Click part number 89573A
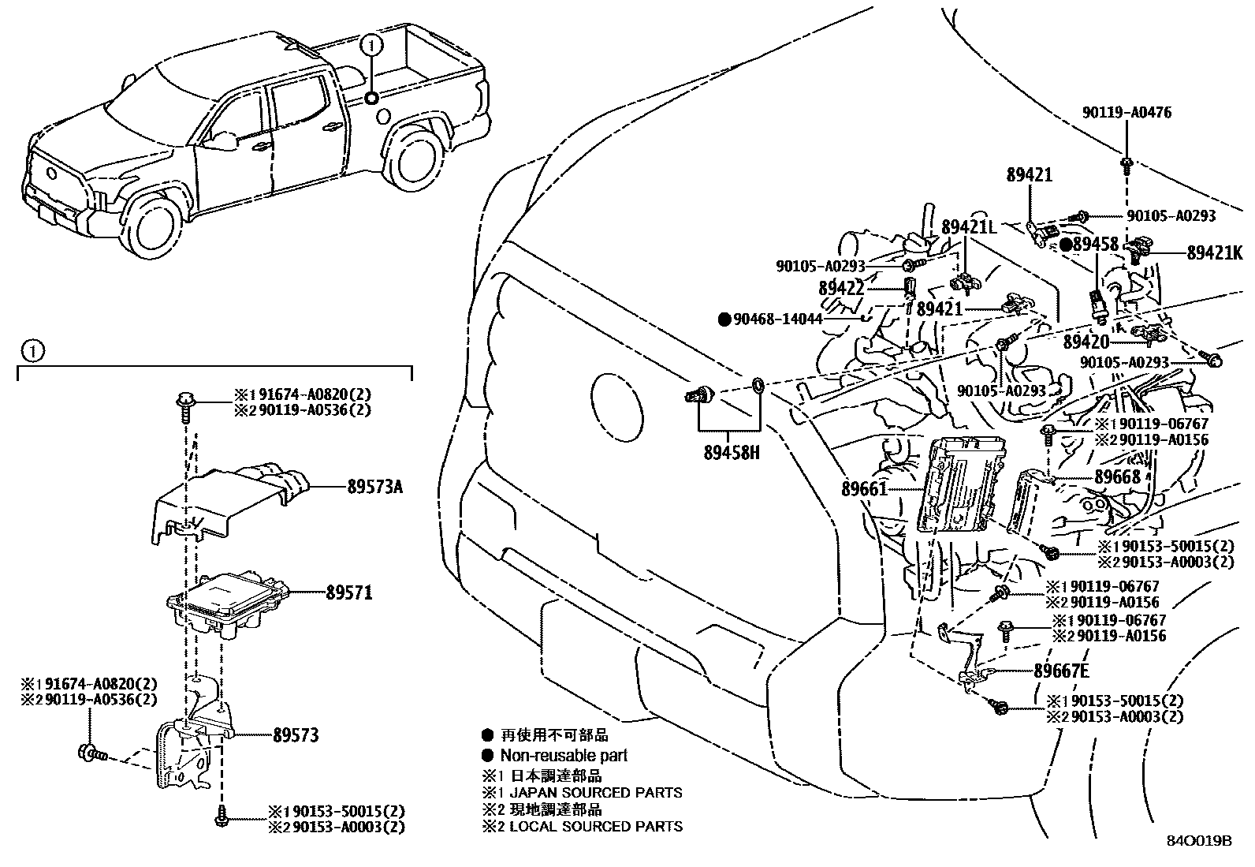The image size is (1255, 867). pyautogui.click(x=374, y=488)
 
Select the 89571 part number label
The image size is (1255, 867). pyautogui.click(x=348, y=592)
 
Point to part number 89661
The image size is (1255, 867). pyautogui.click(x=864, y=489)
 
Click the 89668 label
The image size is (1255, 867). pyautogui.click(x=1117, y=477)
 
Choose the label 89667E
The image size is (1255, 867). pyautogui.click(x=1061, y=671)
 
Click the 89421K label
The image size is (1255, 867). pyautogui.click(x=1214, y=253)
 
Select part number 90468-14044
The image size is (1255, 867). pyautogui.click(x=777, y=320)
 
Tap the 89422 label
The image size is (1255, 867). pyautogui.click(x=841, y=289)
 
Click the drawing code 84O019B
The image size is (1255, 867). pyautogui.click(x=1199, y=840)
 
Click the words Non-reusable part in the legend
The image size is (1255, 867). pyautogui.click(x=564, y=756)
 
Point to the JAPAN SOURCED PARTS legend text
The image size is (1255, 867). pyautogui.click(x=596, y=792)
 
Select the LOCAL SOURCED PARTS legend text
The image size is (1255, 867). pyautogui.click(x=596, y=827)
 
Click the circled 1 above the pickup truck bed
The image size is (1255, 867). pyautogui.click(x=372, y=46)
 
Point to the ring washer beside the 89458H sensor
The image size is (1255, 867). pyautogui.click(x=757, y=386)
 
